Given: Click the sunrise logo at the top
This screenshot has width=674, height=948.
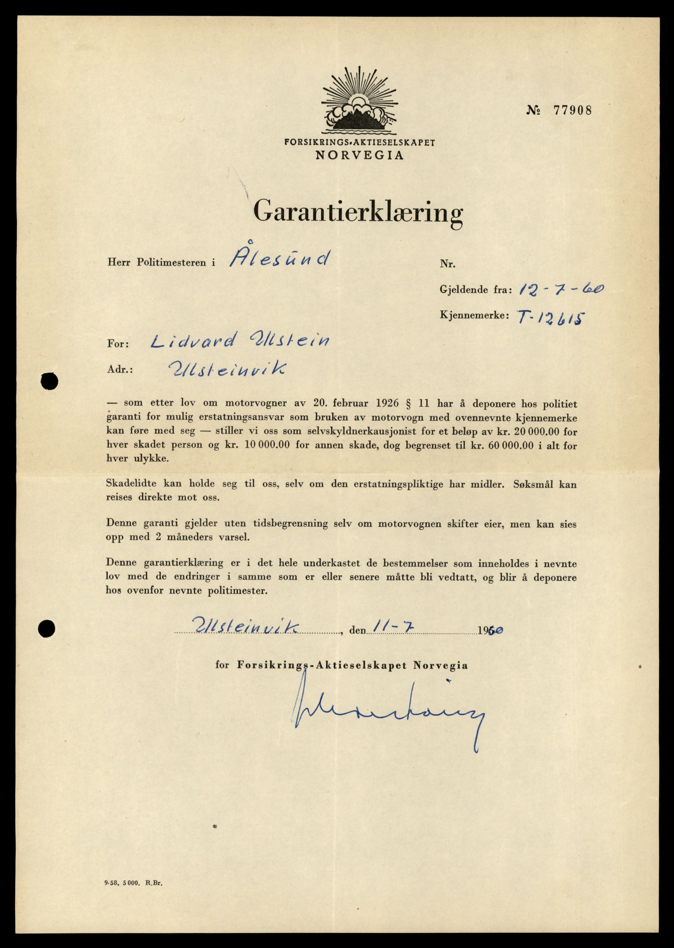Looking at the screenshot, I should tap(359, 100).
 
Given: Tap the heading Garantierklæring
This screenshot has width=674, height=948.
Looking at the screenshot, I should tap(358, 212).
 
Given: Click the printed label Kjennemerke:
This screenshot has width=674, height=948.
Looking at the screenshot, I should tap(474, 316).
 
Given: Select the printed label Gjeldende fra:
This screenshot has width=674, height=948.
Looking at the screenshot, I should tap(475, 290).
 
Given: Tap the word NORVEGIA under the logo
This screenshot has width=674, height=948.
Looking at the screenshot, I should tap(359, 156).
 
